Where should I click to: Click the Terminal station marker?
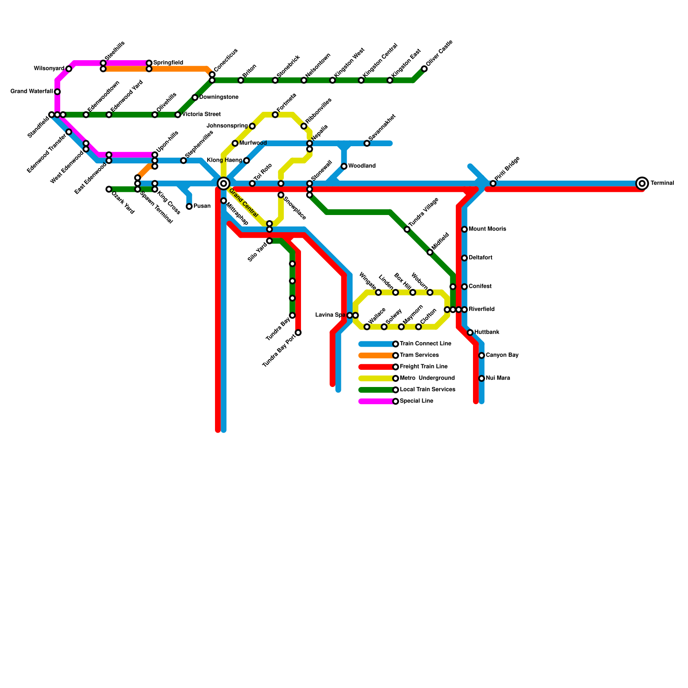642,184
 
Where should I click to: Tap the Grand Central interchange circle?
224,184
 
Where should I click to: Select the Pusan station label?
202,206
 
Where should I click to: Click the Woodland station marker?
344,166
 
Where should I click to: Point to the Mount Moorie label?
487,229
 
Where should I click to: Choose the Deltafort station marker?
464,258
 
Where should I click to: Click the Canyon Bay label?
502,356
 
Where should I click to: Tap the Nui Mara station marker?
482,378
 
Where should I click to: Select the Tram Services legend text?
419,356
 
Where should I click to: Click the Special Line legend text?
416,401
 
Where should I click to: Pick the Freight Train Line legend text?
424,367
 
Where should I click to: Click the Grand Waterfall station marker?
57,92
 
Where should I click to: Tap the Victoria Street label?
201,115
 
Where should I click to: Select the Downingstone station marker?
195,98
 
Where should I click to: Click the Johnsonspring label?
227,126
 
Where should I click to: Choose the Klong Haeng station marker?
246,161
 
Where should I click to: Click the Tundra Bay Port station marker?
298,332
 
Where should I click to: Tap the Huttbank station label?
487,332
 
